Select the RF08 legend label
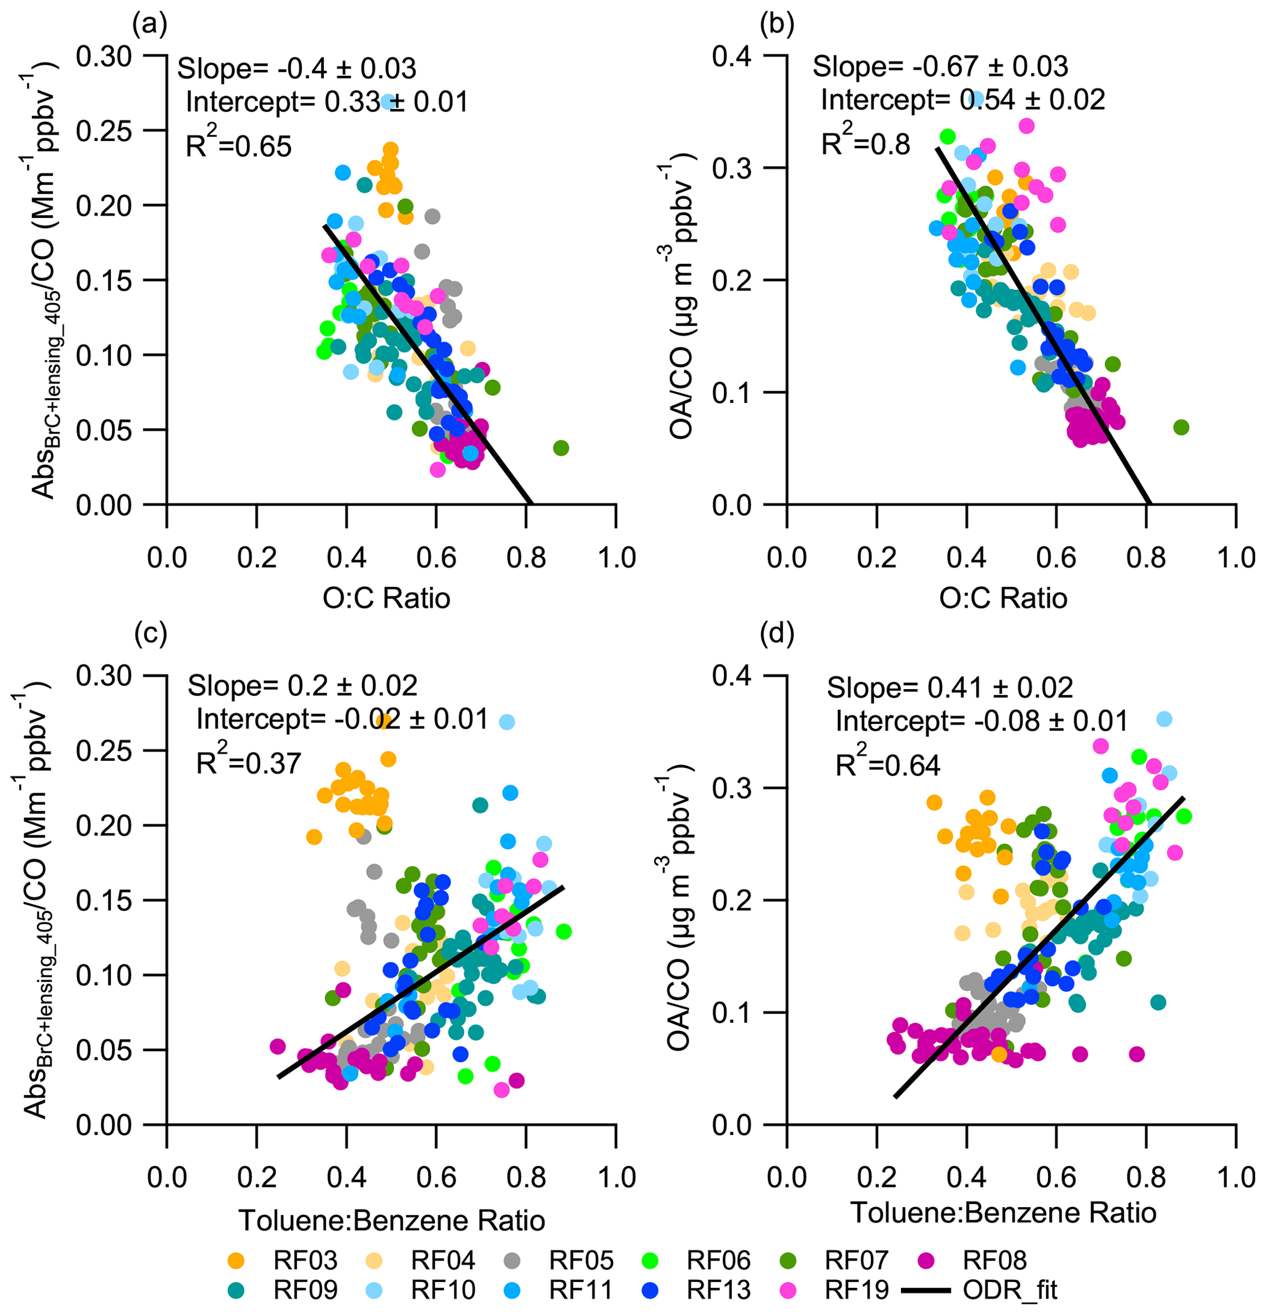point(994,1260)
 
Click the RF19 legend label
point(856,1289)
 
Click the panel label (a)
point(149,25)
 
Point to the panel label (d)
point(776,632)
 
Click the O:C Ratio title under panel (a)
point(386,598)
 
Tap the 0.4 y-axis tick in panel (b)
point(731,56)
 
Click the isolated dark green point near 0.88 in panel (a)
point(561,448)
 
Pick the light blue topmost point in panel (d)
point(1164,719)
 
